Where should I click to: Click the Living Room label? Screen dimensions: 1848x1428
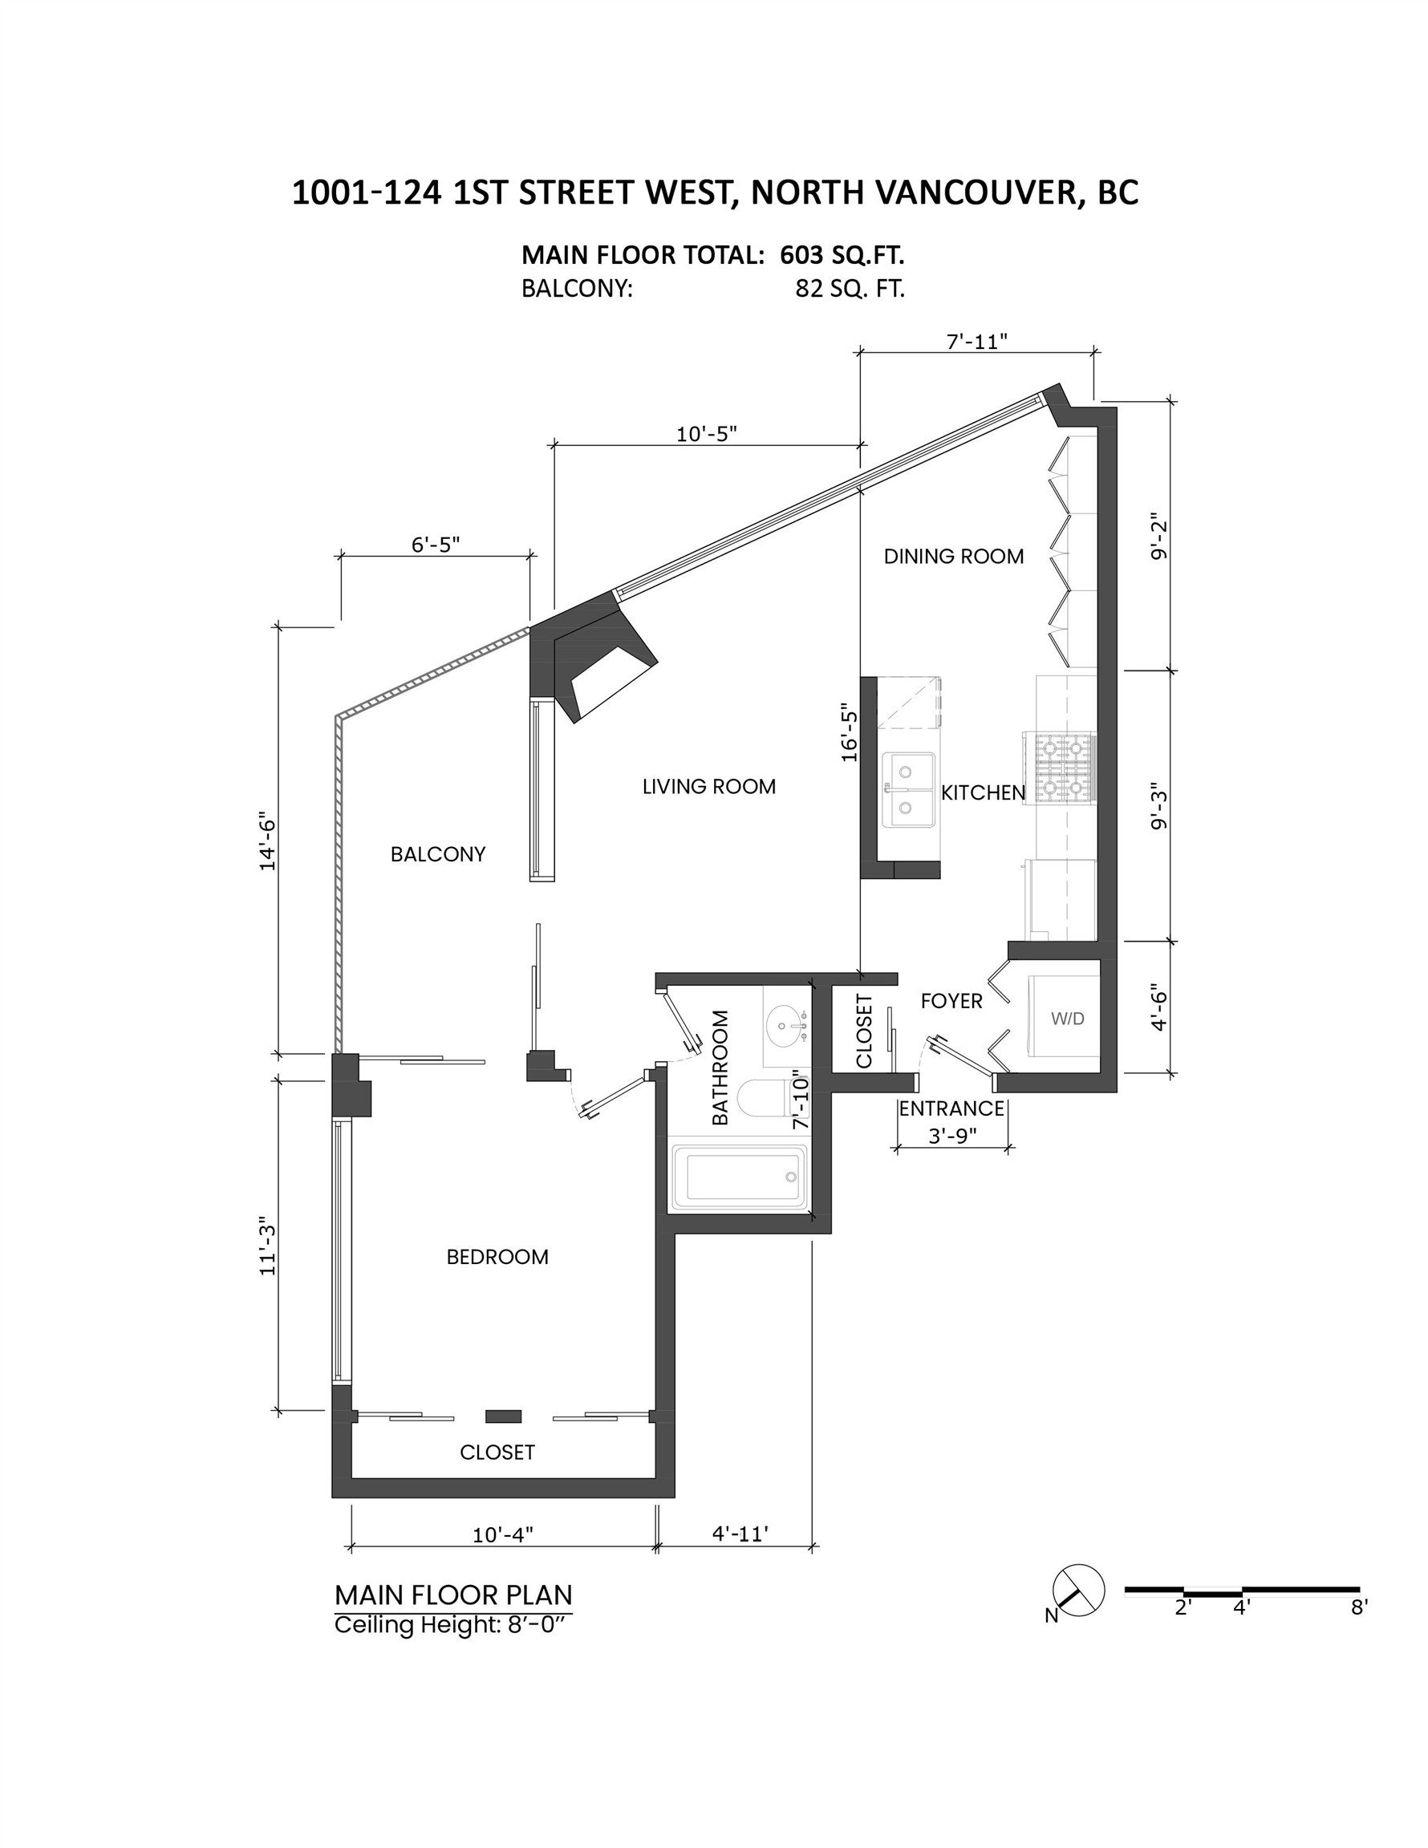pyautogui.click(x=708, y=786)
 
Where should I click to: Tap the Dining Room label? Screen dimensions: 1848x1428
pyautogui.click(x=953, y=556)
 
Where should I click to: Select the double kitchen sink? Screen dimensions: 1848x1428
pyautogui.click(x=908, y=789)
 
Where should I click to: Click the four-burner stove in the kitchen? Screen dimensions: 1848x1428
pyautogui.click(x=1062, y=767)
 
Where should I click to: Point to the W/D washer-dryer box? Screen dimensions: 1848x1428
pyautogui.click(x=1065, y=1018)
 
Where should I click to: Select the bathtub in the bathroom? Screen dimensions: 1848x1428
pyautogui.click(x=739, y=1176)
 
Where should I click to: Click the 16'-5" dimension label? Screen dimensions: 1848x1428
pyautogui.click(x=849, y=733)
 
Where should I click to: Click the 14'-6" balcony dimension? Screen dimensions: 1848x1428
pyautogui.click(x=267, y=843)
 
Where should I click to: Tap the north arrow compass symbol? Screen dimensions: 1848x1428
pyautogui.click(x=1077, y=1591)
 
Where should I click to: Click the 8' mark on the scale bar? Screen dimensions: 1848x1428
pyautogui.click(x=1358, y=1607)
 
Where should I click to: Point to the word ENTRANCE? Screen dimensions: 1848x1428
pyautogui.click(x=951, y=1108)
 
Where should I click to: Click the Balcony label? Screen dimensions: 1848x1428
pyautogui.click(x=438, y=853)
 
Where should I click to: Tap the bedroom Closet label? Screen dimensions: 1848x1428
pyautogui.click(x=497, y=1452)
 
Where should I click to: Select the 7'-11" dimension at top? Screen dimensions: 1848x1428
pyautogui.click(x=976, y=341)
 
